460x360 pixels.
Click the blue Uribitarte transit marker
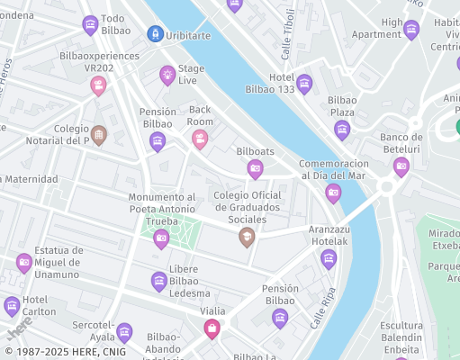coord(155,33)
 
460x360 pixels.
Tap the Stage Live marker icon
coord(167,74)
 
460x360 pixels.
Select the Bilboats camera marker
coord(255,168)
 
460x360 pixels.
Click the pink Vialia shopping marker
coord(212,328)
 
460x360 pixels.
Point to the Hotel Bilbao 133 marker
coord(304,84)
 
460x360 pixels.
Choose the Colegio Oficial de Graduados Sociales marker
coord(247,237)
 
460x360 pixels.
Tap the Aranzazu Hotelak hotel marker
coord(329,258)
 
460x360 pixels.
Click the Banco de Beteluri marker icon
coord(401,166)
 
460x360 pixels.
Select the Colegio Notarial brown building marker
coord(99,135)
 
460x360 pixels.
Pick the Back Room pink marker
coord(200,139)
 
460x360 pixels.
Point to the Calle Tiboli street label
coord(288,34)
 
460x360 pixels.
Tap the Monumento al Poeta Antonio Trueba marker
coord(162,238)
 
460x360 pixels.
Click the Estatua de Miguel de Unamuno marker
coord(24,263)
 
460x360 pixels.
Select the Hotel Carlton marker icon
coord(12,306)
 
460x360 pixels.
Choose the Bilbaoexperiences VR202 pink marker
coord(98,85)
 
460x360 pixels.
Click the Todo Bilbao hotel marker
coord(90,24)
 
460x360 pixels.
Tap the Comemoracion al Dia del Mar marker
coord(333,193)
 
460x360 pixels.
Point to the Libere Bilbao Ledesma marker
coord(159,281)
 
